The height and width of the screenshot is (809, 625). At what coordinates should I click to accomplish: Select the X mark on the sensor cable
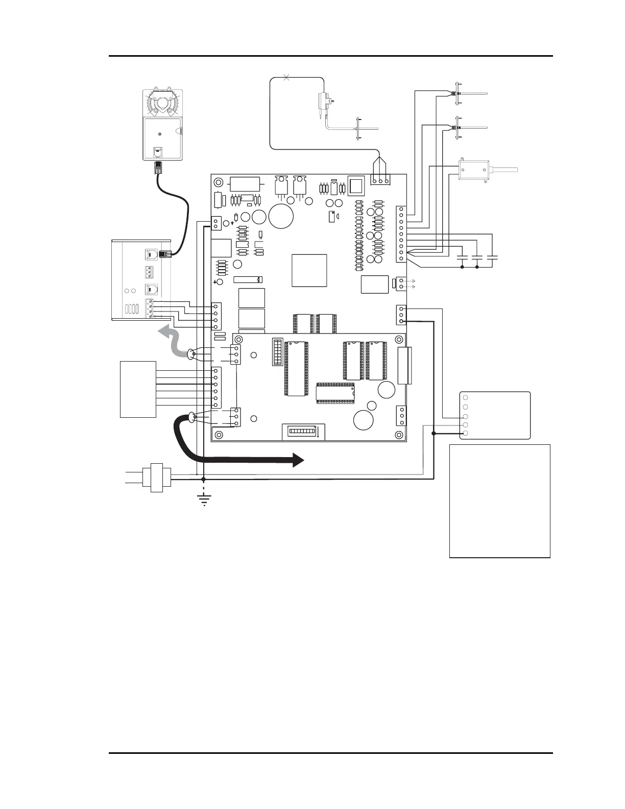[286, 77]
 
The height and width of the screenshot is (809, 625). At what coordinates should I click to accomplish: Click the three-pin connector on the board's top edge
[380, 180]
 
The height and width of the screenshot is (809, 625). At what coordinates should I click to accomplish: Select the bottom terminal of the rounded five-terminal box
[465, 434]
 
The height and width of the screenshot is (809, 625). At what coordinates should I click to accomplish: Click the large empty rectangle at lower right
[499, 501]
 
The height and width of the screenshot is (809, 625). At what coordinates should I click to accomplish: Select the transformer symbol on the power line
[157, 478]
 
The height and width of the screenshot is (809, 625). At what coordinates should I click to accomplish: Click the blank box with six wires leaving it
[138, 389]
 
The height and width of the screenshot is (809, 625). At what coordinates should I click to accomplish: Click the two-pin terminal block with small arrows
[402, 283]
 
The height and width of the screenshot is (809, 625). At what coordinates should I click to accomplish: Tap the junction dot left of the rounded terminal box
[434, 434]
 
